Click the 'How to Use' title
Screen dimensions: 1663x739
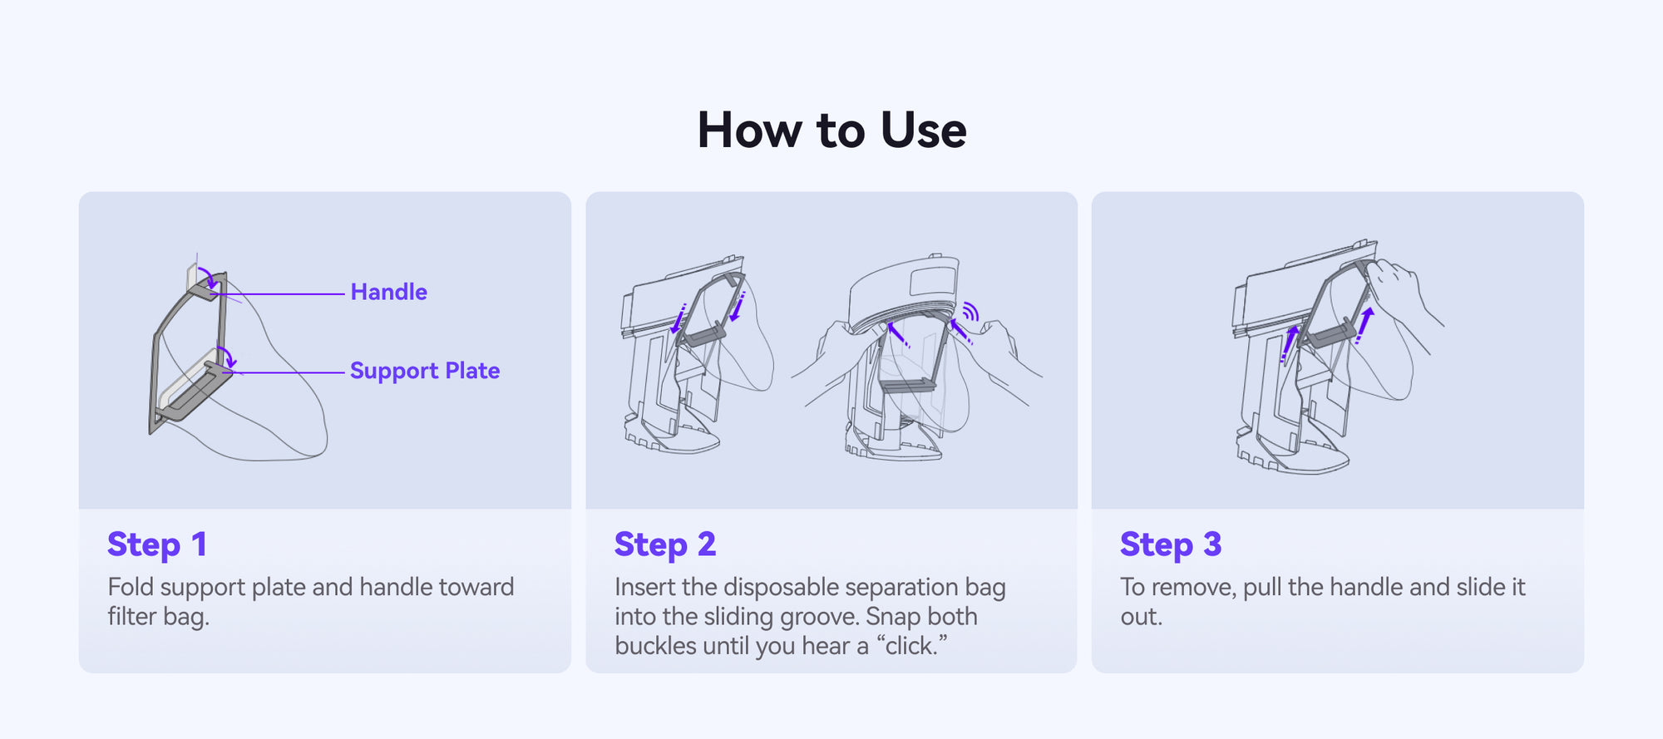[x=831, y=131]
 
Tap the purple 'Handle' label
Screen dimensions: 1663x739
[x=388, y=292]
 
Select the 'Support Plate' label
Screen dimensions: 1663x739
[x=425, y=371]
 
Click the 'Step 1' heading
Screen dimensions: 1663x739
[x=157, y=544]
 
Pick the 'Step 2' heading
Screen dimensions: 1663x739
[x=665, y=544]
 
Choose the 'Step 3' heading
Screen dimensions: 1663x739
[x=1171, y=544]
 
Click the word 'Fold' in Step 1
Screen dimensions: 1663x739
[x=131, y=587]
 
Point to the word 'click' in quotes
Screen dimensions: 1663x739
[x=911, y=646]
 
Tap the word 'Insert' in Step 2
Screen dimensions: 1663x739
[x=645, y=587]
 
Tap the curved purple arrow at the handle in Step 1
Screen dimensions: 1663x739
[x=210, y=278]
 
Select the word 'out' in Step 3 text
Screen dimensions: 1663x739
[x=1141, y=618]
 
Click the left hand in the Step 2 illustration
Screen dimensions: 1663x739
[x=840, y=357]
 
